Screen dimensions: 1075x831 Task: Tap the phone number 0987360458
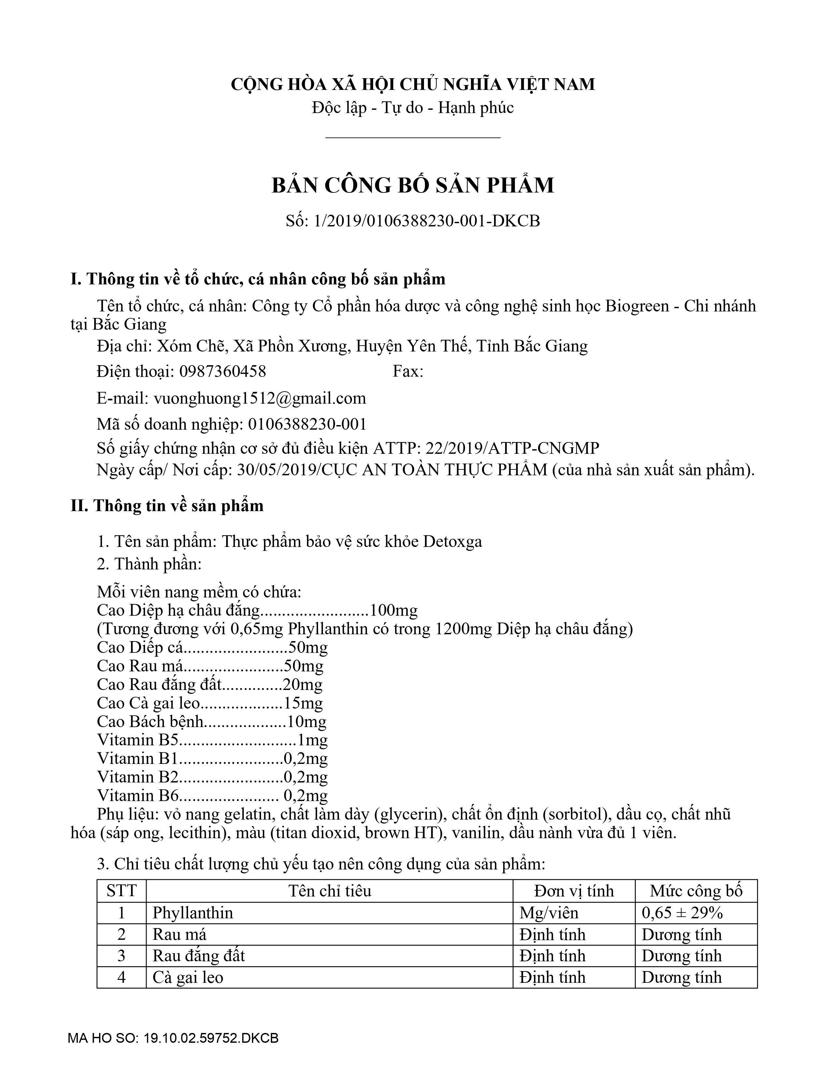[223, 371]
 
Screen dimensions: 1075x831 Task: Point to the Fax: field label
[408, 371]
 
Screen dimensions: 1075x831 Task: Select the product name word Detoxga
[452, 541]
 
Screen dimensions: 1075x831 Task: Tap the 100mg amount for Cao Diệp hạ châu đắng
[393, 611]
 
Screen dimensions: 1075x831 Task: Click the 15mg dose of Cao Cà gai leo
[303, 703]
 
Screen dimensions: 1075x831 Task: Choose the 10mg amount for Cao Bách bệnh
[306, 722]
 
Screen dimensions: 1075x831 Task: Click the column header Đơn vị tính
[574, 891]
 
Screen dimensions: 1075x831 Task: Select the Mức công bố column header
[696, 891]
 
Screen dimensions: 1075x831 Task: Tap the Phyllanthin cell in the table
[193, 913]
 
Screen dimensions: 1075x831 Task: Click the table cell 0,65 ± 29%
[682, 913]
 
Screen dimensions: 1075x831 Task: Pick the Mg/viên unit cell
[548, 913]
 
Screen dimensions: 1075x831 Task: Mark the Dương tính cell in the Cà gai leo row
[681, 977]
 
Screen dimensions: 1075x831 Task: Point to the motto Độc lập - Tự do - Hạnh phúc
[413, 108]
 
